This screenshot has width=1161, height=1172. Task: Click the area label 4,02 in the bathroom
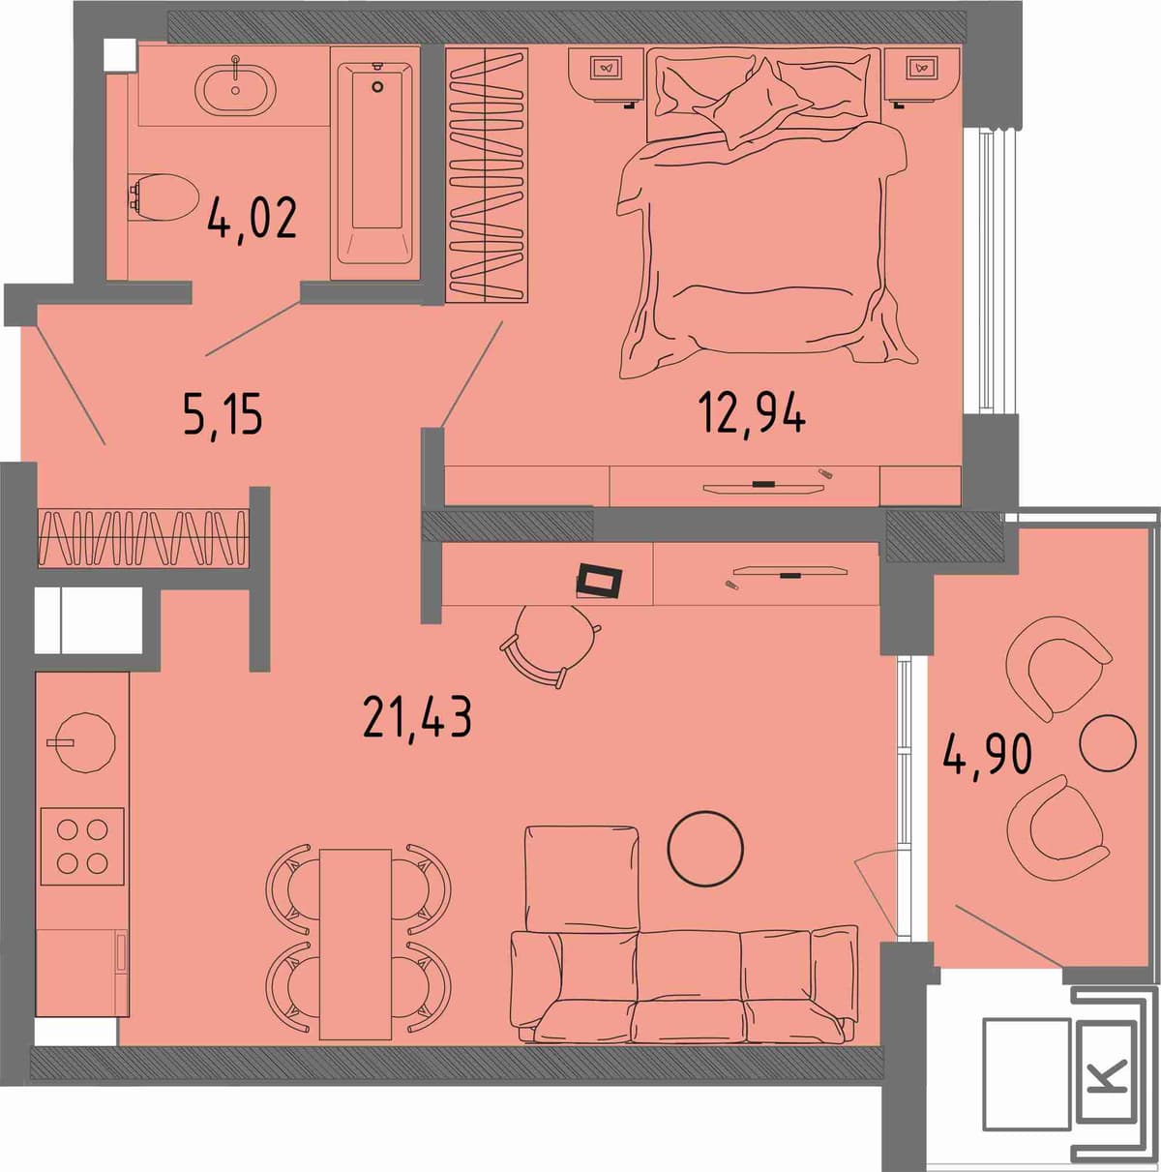(252, 220)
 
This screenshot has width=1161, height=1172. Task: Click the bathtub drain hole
(377, 86)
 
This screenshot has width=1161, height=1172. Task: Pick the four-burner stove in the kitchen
(82, 846)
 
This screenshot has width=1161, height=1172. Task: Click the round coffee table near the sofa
(705, 849)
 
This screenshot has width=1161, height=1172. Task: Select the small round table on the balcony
(1108, 742)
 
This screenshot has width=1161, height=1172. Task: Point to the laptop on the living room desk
(600, 581)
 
